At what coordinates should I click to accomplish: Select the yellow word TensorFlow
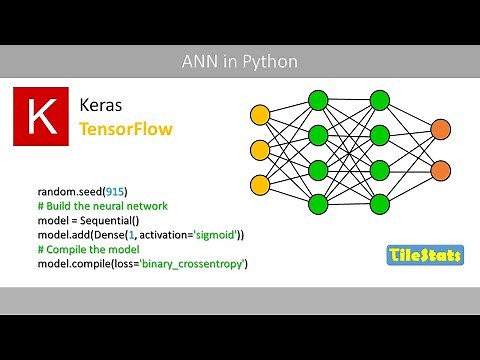click(124, 130)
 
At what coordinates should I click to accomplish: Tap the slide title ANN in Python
click(240, 62)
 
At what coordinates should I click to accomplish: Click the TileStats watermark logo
click(424, 256)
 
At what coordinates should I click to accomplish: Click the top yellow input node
click(260, 114)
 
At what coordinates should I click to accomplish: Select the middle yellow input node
click(260, 150)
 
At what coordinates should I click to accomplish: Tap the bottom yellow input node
click(260, 186)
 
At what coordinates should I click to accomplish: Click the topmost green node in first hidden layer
click(319, 99)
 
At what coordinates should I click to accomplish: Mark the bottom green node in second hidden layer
click(379, 206)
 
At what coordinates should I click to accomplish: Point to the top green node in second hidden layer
click(379, 99)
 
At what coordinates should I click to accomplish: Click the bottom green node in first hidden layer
click(319, 206)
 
